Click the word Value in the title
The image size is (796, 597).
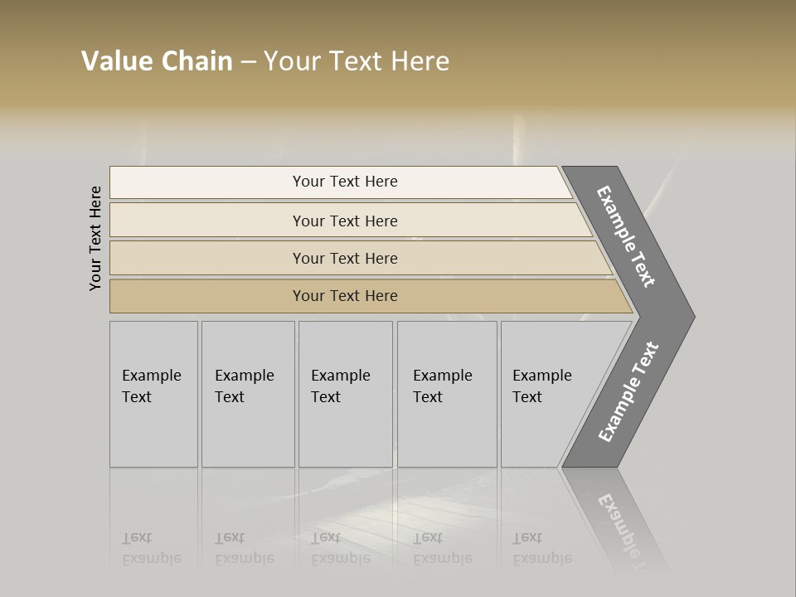[115, 61]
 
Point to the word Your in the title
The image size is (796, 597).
[289, 61]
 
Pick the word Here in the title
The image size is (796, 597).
[420, 61]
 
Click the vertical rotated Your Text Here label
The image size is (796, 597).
[95, 238]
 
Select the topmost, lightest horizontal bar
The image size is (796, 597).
[344, 182]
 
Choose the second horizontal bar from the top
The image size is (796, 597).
[344, 221]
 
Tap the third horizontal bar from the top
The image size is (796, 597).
[344, 258]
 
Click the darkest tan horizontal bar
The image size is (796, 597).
[344, 296]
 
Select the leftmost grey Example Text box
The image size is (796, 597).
[153, 394]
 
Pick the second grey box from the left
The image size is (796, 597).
[248, 394]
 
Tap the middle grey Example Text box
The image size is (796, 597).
[345, 394]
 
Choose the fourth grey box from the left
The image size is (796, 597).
[447, 394]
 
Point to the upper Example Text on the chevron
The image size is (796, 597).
[626, 236]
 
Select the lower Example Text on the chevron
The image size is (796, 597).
[629, 392]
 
